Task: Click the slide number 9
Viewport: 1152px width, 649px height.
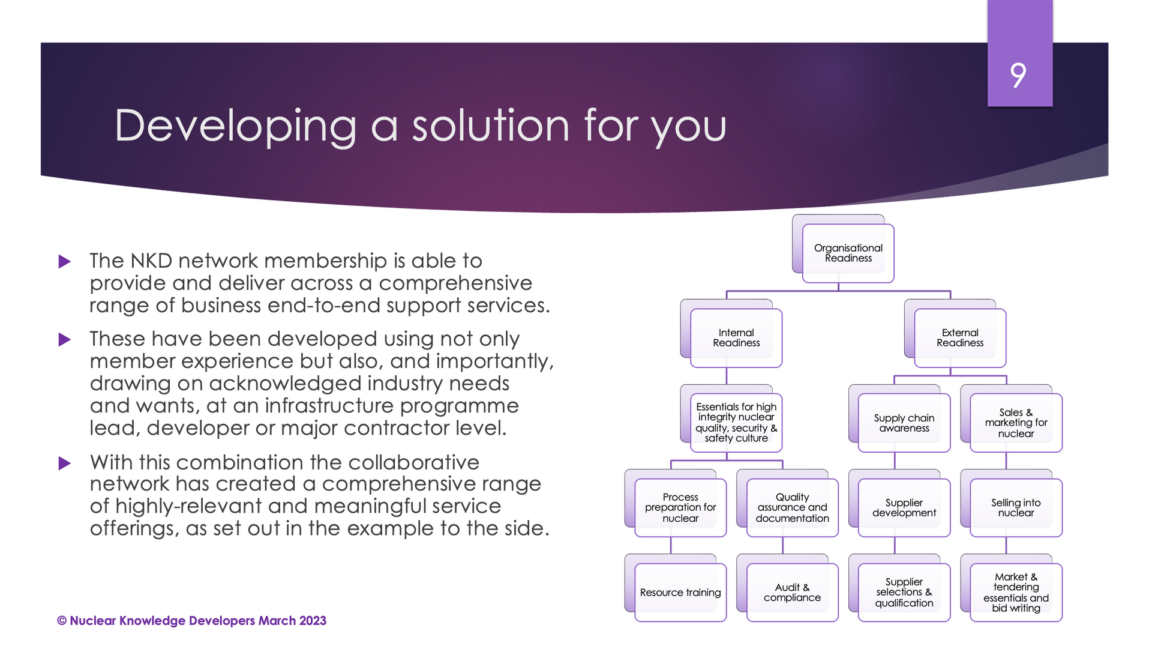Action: (1018, 76)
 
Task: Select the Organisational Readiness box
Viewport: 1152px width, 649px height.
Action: (848, 253)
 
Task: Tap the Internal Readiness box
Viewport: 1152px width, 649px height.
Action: (736, 337)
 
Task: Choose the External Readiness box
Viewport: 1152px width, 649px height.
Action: (960, 337)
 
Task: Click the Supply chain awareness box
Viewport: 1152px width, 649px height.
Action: (904, 423)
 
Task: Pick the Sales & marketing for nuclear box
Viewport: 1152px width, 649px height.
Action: (1016, 423)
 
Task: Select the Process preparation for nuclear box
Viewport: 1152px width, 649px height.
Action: (680, 507)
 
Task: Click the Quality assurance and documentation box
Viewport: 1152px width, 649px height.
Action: (792, 507)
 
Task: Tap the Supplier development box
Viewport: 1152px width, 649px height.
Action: (904, 507)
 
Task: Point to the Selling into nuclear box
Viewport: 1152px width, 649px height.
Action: (1016, 507)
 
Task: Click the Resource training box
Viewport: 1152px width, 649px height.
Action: (680, 592)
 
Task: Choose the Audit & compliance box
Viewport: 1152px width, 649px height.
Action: (792, 592)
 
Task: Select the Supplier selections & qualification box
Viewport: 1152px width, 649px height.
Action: (904, 592)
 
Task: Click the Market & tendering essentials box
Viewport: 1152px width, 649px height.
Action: (1016, 592)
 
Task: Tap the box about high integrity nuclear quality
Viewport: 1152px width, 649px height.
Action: (736, 423)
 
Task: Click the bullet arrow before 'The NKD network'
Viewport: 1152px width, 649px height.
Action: (65, 262)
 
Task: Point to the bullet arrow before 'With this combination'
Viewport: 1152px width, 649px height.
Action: (65, 463)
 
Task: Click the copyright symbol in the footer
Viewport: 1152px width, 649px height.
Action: (62, 621)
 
